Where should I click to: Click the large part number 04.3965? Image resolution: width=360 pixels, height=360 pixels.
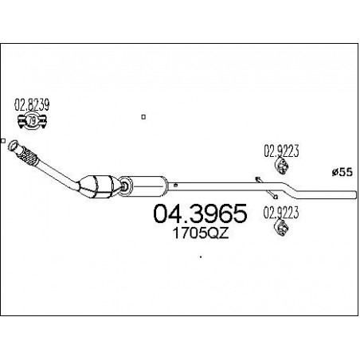pos(201,213)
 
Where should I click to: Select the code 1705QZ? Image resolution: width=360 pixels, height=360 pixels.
pos(201,233)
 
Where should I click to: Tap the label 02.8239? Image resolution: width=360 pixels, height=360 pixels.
pos(32,104)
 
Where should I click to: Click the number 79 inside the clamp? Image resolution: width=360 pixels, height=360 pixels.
pos(32,121)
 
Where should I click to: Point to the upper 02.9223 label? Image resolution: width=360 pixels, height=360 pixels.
pos(281,151)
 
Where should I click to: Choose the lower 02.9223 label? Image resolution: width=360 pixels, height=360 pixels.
pos(281,213)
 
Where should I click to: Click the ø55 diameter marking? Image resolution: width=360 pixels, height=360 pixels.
pos(342,172)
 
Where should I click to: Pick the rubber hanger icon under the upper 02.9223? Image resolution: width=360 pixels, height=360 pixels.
pos(281,166)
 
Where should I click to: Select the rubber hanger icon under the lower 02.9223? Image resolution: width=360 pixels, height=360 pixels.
pos(281,228)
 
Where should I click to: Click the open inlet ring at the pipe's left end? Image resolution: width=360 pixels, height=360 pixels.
pos(13,146)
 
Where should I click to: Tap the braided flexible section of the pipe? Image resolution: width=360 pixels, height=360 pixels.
pos(29,156)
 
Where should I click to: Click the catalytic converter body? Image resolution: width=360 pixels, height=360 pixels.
pos(98,186)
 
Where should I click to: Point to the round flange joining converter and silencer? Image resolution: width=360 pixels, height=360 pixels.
pos(125,186)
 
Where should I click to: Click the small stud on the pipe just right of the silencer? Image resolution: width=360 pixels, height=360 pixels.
pos(175,185)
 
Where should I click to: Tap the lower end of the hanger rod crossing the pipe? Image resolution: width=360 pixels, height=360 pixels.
pos(276,197)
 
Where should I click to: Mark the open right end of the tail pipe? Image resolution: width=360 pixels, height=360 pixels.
pos(355,194)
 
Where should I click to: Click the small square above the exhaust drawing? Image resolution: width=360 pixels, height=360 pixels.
pos(143,117)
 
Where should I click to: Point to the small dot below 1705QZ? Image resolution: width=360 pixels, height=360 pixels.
pos(201,256)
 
